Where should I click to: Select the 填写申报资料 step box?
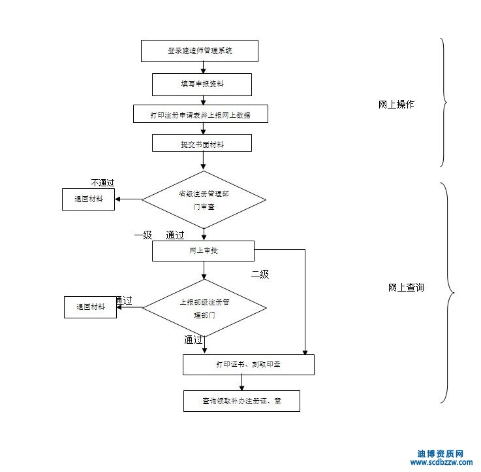point(202,84)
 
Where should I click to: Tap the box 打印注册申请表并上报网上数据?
point(200,114)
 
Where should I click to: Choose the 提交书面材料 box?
point(202,143)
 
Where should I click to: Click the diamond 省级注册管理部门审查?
point(204,199)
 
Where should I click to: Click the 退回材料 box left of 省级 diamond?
point(88,199)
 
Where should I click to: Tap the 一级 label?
point(143,235)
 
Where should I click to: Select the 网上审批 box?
point(203,251)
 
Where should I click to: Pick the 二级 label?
point(260,275)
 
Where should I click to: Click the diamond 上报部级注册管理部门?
point(204,308)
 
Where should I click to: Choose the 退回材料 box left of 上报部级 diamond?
point(90,307)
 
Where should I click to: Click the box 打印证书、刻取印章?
point(248,365)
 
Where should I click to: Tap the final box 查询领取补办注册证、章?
point(241,401)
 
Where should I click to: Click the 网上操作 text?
point(396,105)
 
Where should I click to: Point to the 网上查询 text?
point(406,287)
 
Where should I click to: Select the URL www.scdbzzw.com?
point(441,462)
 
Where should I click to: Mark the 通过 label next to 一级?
point(175,235)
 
